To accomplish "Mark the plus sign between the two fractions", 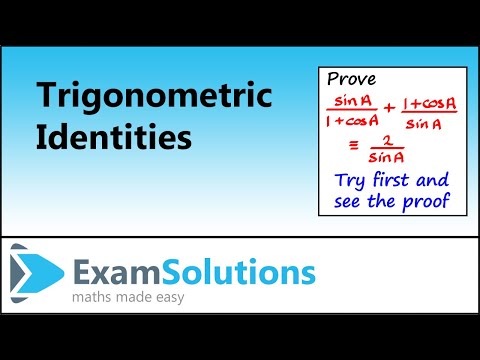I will tap(385, 111).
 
